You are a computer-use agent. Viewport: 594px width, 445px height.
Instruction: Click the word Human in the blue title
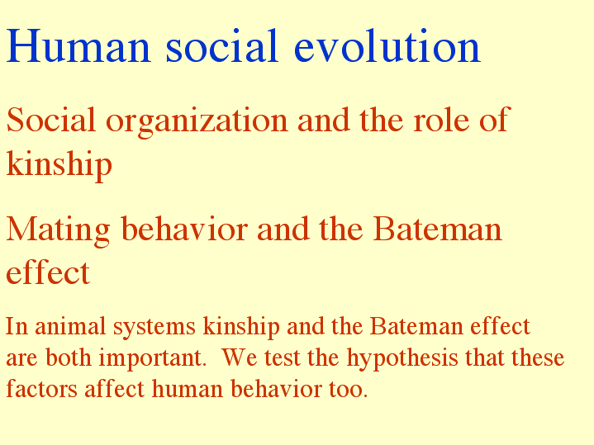tap(78, 46)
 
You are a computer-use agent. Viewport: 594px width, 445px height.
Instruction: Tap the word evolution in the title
tap(387, 46)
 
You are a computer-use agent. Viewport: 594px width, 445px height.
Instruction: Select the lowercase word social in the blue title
tap(222, 46)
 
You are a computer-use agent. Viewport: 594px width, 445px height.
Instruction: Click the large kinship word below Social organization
tap(59, 164)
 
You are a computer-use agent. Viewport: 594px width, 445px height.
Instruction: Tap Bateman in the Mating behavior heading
tap(438, 229)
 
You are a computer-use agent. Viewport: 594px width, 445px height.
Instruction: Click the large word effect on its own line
tap(48, 272)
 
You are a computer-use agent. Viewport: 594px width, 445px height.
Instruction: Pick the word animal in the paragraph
tap(70, 326)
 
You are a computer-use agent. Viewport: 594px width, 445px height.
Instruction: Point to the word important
tap(153, 358)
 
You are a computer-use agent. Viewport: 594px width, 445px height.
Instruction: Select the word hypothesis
tap(402, 358)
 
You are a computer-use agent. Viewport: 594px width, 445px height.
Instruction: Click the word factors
tap(42, 389)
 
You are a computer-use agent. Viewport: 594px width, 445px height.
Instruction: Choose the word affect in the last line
tap(114, 389)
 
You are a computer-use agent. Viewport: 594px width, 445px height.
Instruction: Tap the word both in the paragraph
tap(69, 357)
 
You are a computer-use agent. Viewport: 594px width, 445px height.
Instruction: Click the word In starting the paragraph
tap(17, 326)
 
